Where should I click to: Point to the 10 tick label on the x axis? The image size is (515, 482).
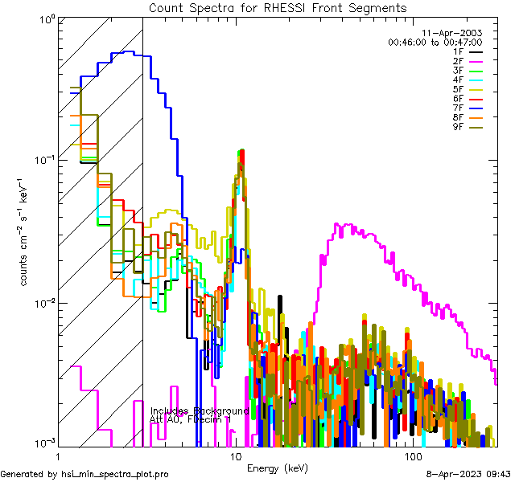(236, 456)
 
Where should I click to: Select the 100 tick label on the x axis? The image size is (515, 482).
(413, 456)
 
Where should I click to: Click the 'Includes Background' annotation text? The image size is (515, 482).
(199, 411)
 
